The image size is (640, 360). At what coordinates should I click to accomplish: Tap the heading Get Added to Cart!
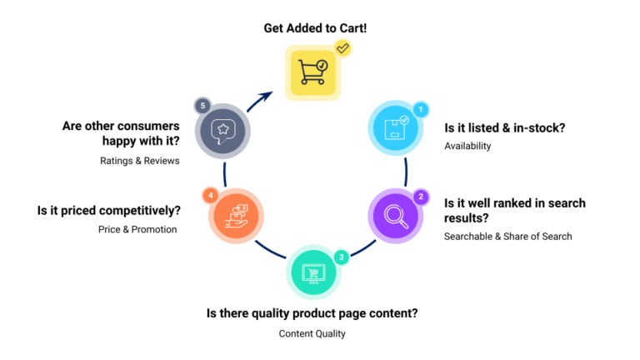point(315,27)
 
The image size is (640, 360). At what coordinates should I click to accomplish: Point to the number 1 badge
point(421,109)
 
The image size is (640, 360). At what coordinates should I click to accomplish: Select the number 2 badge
point(421,197)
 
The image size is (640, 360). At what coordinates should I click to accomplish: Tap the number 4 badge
point(211,195)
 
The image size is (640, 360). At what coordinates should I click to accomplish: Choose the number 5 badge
point(202,106)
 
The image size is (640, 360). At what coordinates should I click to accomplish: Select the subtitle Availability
point(467,146)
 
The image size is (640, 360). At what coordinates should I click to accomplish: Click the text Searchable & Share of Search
point(507,237)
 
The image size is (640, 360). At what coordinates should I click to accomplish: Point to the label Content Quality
point(312,333)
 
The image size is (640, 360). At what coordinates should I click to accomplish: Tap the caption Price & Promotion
point(137,229)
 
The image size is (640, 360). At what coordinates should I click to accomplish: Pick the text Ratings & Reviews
point(140,161)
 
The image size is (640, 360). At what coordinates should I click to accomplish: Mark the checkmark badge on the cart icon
point(342,48)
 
